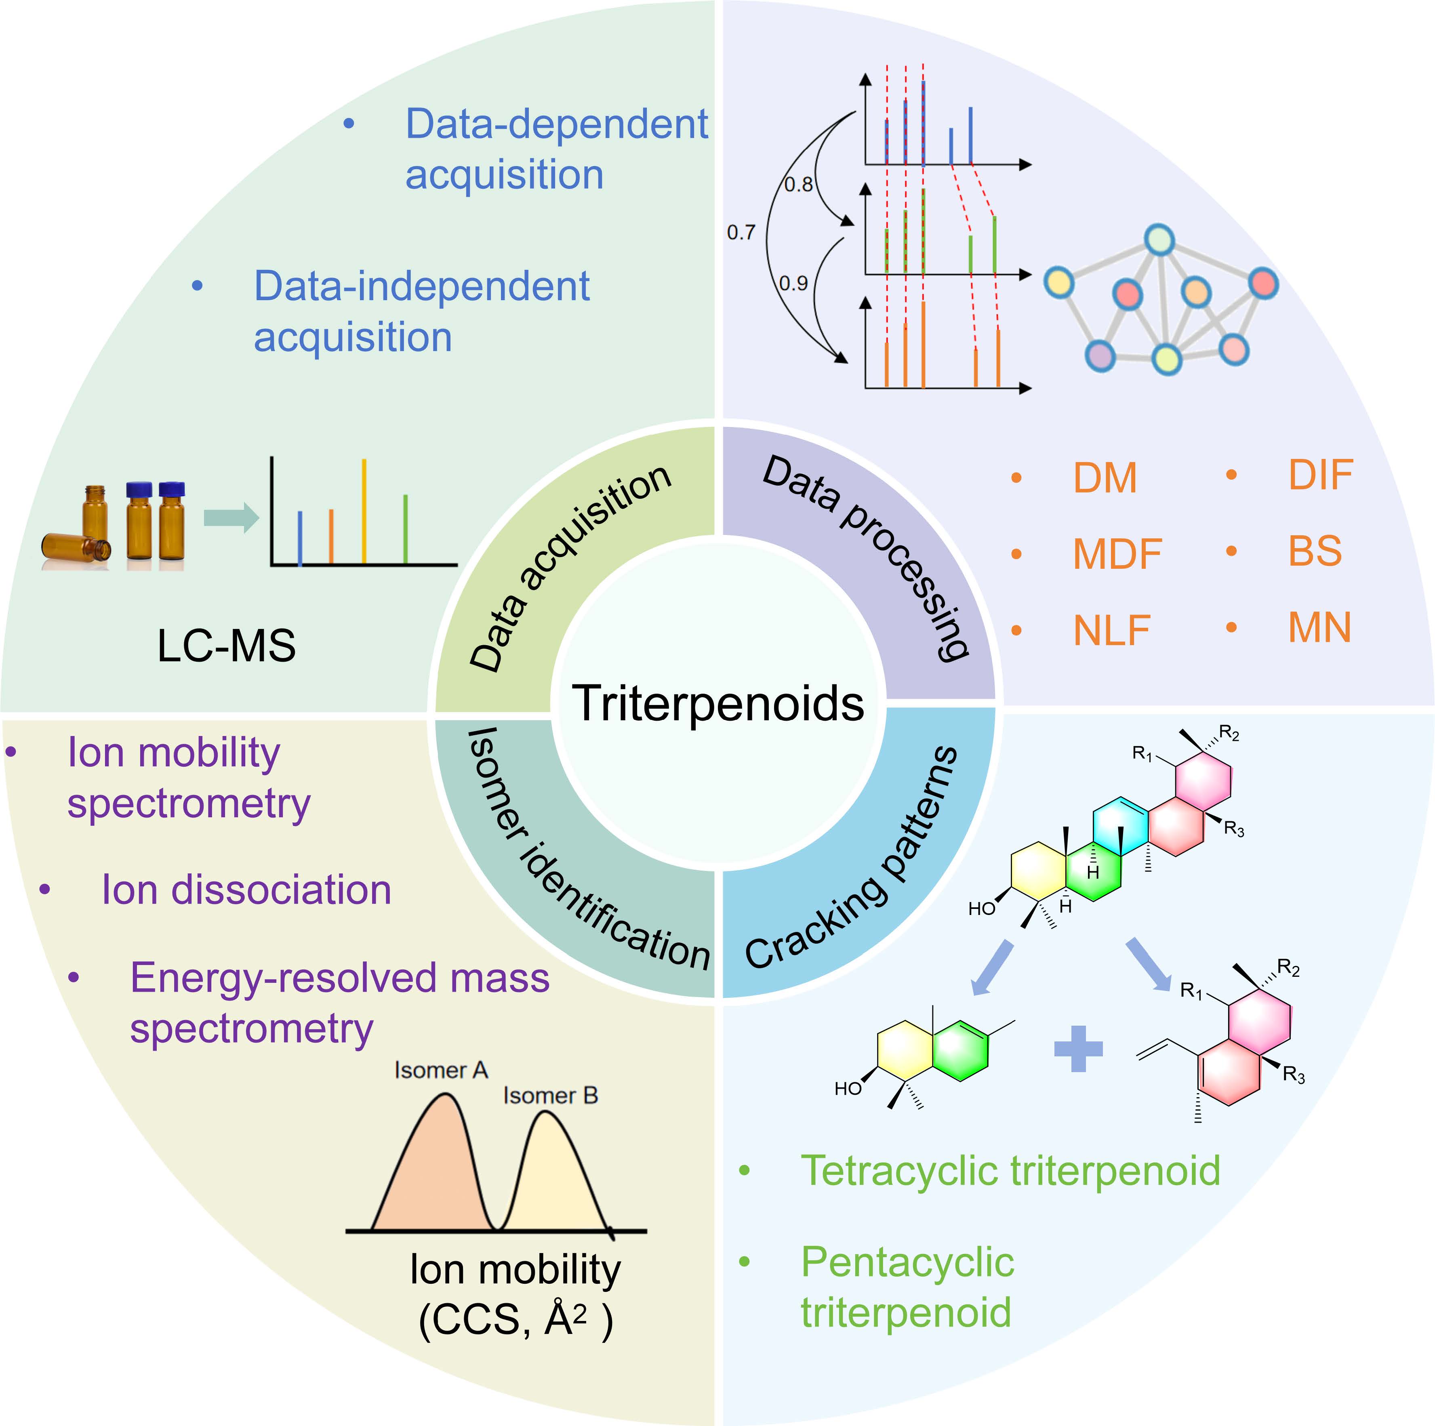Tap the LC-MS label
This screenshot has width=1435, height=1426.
[227, 645]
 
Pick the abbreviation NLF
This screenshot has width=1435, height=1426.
[1111, 631]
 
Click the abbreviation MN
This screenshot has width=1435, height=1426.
[1319, 628]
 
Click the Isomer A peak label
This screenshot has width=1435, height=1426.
[440, 1070]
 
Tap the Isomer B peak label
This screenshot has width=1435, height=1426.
[550, 1096]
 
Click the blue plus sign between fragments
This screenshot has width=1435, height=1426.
[1079, 1049]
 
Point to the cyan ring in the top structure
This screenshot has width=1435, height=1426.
[1119, 827]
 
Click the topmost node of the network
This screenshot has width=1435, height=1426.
[1159, 240]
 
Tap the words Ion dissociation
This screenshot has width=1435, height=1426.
[246, 890]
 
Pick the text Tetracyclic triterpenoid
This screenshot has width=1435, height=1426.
[1010, 1171]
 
